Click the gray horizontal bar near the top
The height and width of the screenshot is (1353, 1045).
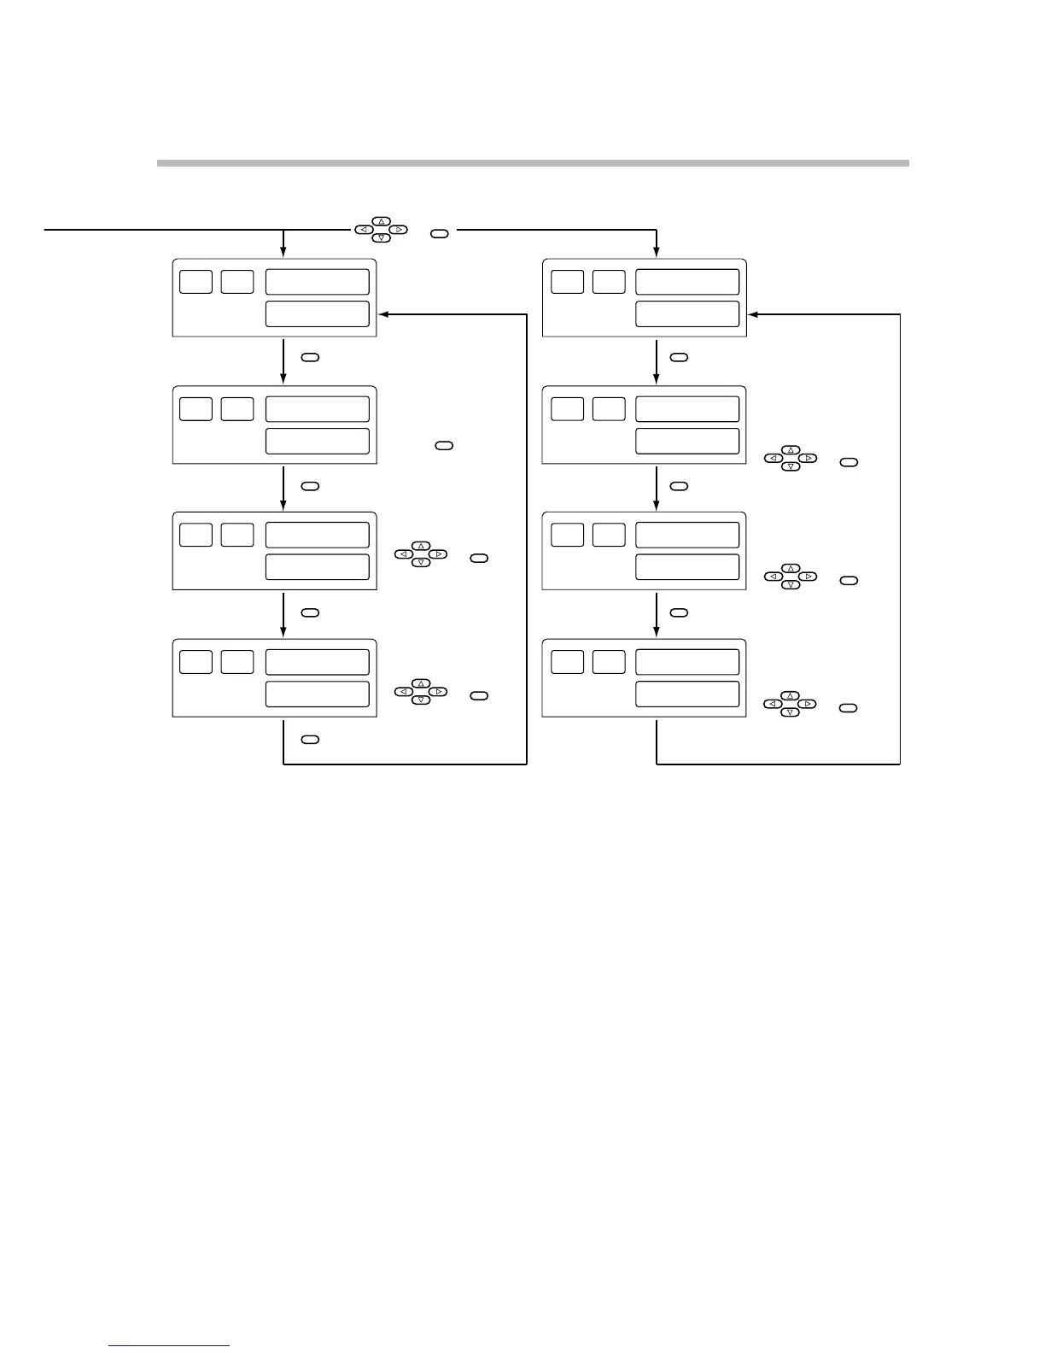(533, 162)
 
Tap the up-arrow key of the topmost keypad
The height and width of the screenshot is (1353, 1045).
(382, 221)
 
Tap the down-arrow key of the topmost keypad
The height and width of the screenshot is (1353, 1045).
(382, 238)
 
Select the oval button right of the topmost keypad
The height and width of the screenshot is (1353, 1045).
(439, 232)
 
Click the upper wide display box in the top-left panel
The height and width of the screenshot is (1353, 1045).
(317, 282)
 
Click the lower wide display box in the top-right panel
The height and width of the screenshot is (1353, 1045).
(686, 313)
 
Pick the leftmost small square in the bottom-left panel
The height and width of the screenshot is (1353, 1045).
(196, 661)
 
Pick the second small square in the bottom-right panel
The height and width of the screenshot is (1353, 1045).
(609, 661)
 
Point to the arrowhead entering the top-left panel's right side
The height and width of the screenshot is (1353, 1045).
(383, 314)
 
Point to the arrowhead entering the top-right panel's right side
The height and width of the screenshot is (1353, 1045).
(753, 314)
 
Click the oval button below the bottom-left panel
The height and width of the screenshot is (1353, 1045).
(310, 739)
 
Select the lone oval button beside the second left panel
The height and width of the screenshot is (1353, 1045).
(444, 445)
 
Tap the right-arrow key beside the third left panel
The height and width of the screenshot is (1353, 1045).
(438, 554)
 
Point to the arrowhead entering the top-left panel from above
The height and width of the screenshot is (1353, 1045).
(283, 252)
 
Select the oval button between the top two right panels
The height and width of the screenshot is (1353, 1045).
(679, 357)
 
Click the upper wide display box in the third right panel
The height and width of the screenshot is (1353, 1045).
(686, 535)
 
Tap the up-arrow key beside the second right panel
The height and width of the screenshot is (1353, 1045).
(791, 449)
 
